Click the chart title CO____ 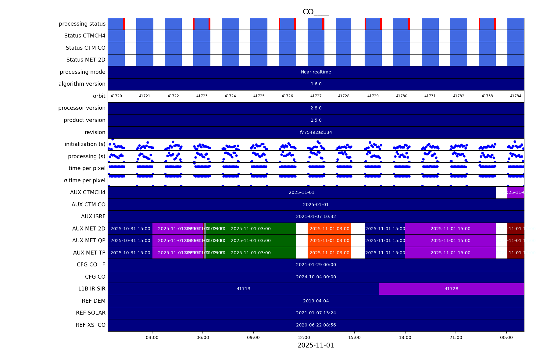[316, 12]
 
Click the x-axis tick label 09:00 [253, 337]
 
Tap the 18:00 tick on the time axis [405, 337]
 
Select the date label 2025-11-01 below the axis [316, 345]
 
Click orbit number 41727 [316, 96]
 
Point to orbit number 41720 [116, 96]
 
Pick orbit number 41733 [487, 96]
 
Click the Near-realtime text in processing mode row [316, 72]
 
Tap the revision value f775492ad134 [316, 132]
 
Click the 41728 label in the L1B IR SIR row [451, 289]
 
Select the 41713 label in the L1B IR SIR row [243, 289]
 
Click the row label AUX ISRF [93, 216]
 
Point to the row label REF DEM [93, 301]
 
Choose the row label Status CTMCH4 [85, 36]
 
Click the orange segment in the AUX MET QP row [329, 241]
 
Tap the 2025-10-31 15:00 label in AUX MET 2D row [130, 229]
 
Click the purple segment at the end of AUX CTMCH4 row [515, 193]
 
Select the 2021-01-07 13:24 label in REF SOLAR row [316, 313]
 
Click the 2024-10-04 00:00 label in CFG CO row [316, 277]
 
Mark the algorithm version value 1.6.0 [316, 84]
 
